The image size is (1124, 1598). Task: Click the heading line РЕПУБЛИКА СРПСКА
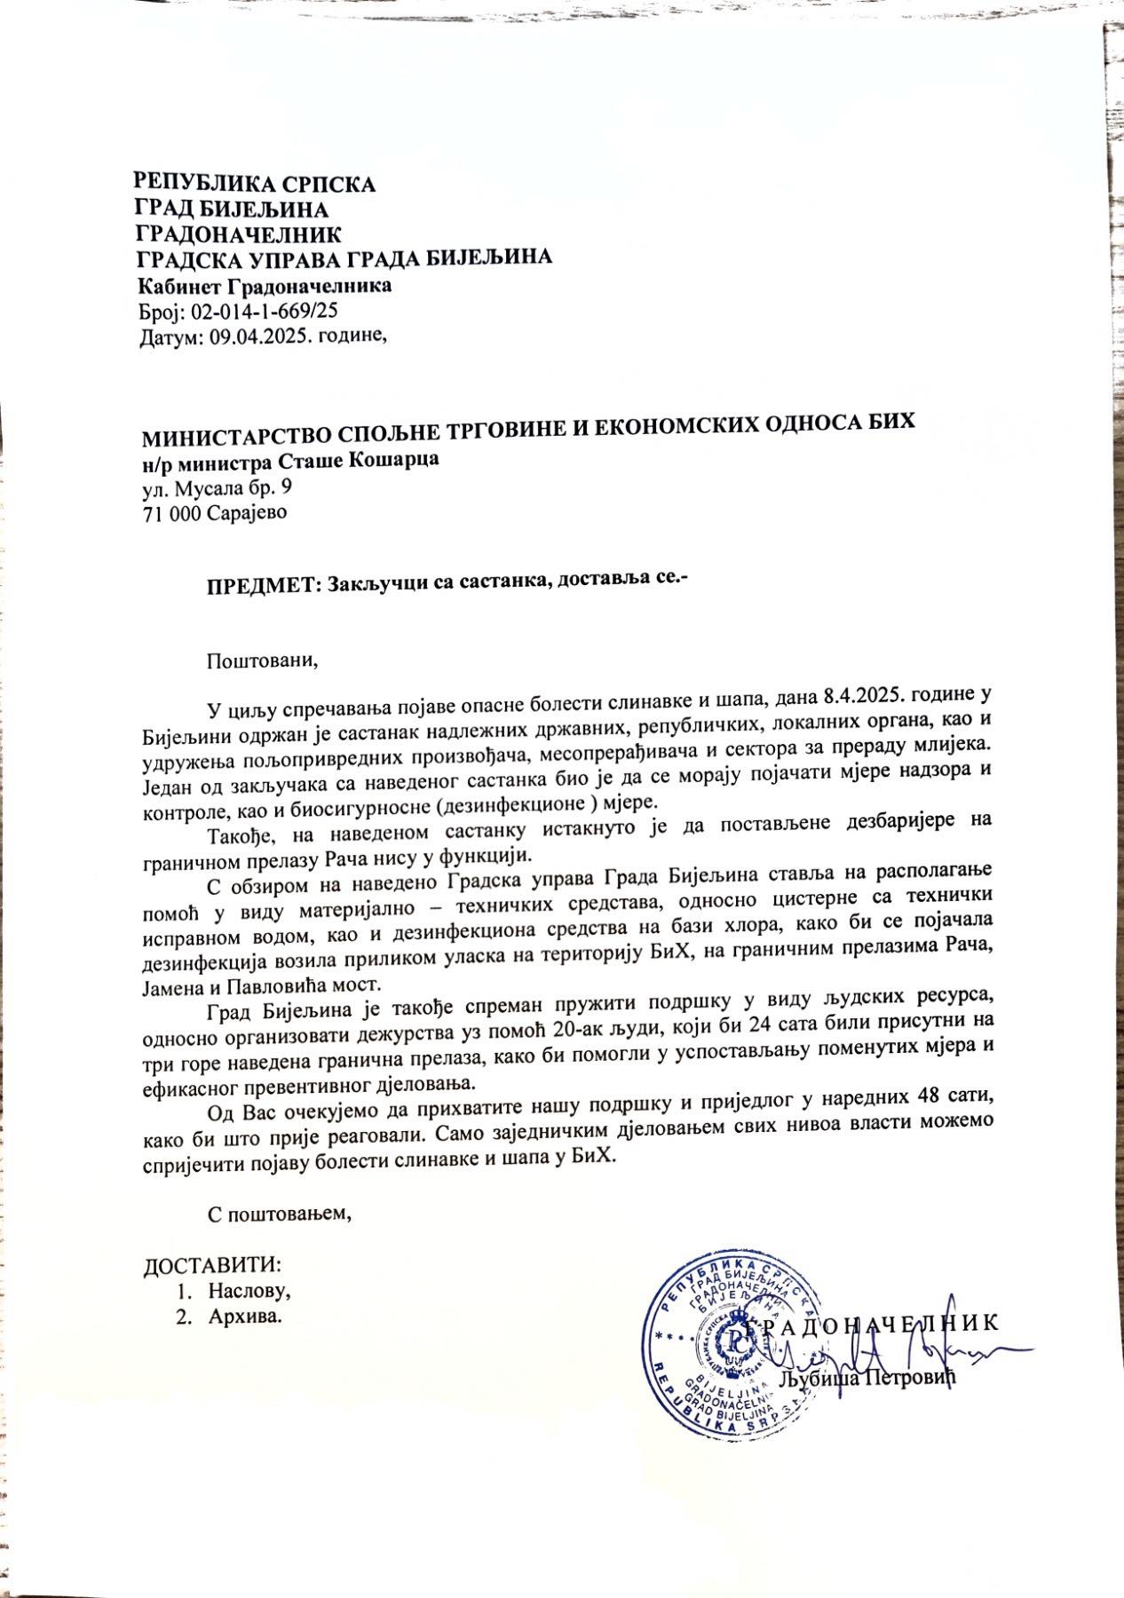point(254,185)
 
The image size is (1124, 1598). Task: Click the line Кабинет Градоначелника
point(264,287)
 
